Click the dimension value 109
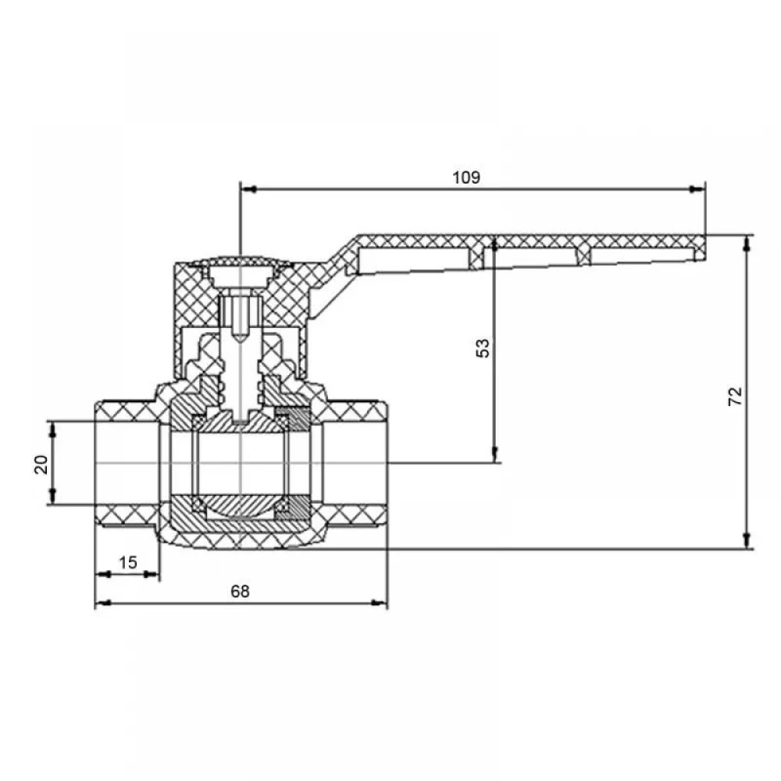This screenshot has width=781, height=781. click(x=465, y=177)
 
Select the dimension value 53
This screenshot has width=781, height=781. click(x=483, y=348)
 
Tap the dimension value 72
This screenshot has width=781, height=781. click(x=735, y=396)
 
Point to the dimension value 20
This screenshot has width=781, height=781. click(x=41, y=464)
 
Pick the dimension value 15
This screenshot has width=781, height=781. click(x=127, y=562)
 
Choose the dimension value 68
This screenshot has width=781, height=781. click(x=240, y=591)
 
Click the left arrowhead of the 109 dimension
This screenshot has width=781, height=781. click(x=248, y=189)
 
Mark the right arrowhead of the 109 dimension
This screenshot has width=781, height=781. click(x=697, y=189)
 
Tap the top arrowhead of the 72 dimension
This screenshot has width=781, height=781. click(x=746, y=244)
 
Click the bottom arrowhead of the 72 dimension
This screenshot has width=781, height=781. click(x=746, y=540)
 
